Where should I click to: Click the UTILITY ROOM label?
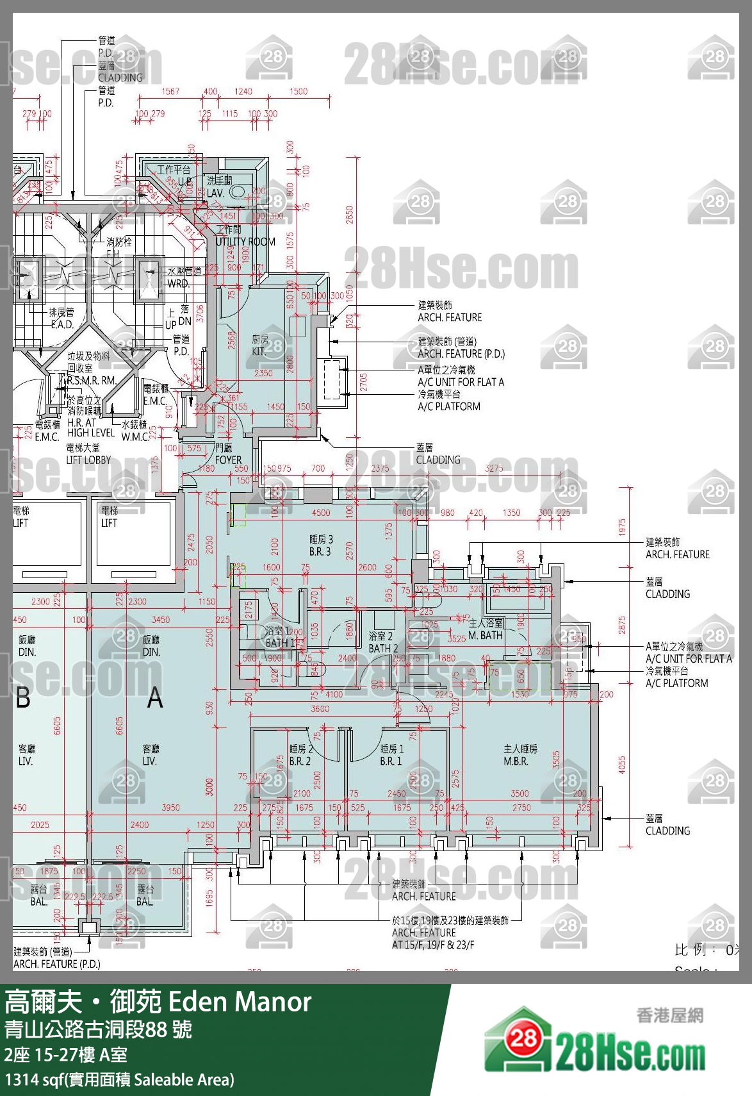245,242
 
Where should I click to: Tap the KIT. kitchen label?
259,351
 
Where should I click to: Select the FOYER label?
228,460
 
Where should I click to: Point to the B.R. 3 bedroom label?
320,551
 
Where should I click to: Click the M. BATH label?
485,635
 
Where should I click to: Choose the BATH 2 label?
383,648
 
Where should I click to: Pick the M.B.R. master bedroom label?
516,761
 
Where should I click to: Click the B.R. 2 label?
300,761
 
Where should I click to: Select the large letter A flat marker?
155,698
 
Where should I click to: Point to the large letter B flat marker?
23,698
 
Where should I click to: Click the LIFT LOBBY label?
88,460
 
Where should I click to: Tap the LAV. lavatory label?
215,193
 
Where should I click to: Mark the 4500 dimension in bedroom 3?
321,513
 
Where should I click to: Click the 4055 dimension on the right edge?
622,765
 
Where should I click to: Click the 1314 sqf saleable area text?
119,1079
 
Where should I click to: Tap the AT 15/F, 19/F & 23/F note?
433,944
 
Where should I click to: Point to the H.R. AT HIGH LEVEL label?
90,428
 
